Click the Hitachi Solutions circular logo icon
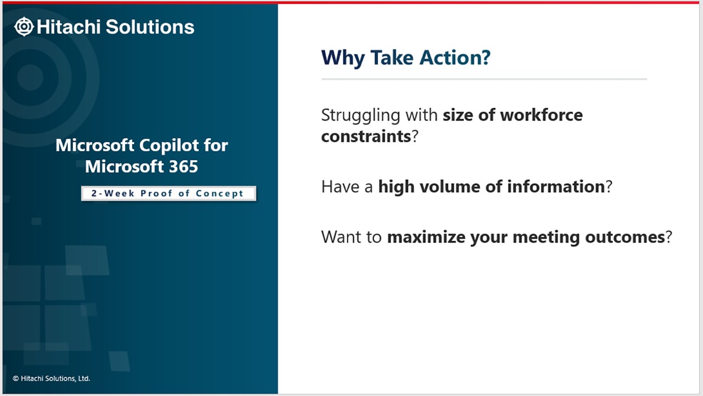[x=24, y=26]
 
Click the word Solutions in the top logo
[x=150, y=27]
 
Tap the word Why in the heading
[x=343, y=58]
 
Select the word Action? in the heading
[x=455, y=58]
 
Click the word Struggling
[x=361, y=116]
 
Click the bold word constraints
[x=366, y=136]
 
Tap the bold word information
[x=556, y=186]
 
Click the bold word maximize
[x=426, y=237]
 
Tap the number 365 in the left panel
[x=183, y=167]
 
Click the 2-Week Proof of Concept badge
[x=169, y=193]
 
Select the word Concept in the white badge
[x=219, y=194]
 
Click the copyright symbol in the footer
[x=16, y=378]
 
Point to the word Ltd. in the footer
[x=84, y=378]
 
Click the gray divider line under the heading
[x=484, y=79]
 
